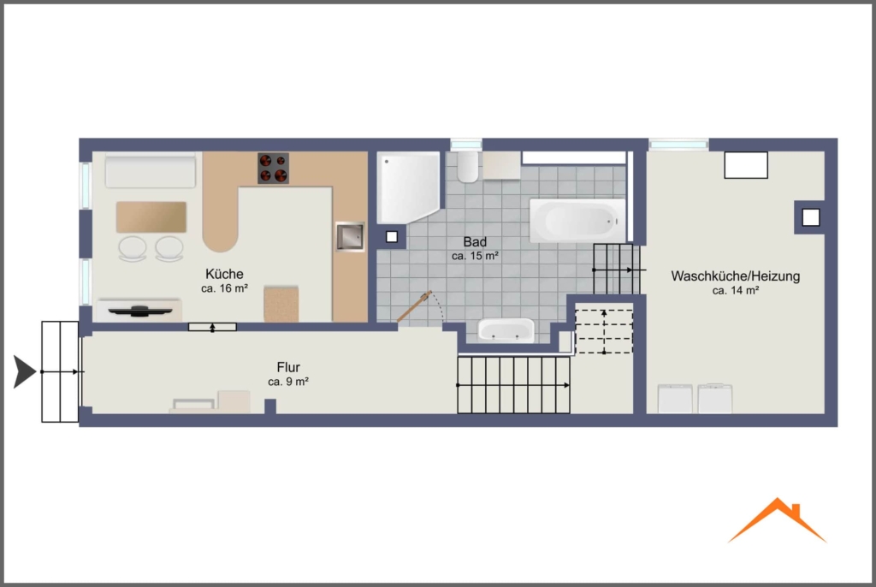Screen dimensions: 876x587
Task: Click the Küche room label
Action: click(225, 274)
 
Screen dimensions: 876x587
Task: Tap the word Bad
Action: click(475, 242)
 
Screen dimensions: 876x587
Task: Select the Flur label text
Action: click(288, 367)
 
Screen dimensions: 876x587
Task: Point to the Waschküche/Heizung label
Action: click(735, 276)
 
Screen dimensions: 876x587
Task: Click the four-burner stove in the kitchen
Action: click(273, 169)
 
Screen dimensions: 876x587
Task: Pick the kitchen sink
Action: click(350, 236)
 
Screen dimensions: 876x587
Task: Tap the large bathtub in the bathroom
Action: click(577, 221)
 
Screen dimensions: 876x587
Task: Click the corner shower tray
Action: click(408, 187)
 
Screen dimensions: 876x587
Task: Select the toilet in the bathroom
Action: click(468, 167)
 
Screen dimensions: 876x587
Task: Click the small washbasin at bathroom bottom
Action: click(506, 329)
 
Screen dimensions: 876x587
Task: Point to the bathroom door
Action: click(414, 306)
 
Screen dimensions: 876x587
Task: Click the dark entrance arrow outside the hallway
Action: click(25, 371)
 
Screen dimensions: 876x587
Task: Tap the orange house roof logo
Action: click(777, 520)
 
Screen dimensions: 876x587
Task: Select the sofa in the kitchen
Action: click(151, 170)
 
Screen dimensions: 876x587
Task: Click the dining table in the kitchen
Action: click(151, 216)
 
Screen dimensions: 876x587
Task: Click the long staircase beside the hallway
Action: click(513, 385)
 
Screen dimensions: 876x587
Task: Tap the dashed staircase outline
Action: click(604, 331)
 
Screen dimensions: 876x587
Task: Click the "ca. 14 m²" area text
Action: click(735, 291)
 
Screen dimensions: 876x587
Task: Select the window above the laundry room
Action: click(678, 145)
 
